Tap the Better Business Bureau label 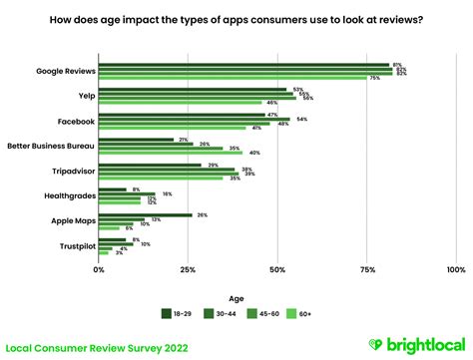pos(50,146)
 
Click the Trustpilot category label pos(72,245)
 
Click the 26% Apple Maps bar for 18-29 pos(145,214)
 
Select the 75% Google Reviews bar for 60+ pos(233,78)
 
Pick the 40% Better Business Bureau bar pos(170,153)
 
